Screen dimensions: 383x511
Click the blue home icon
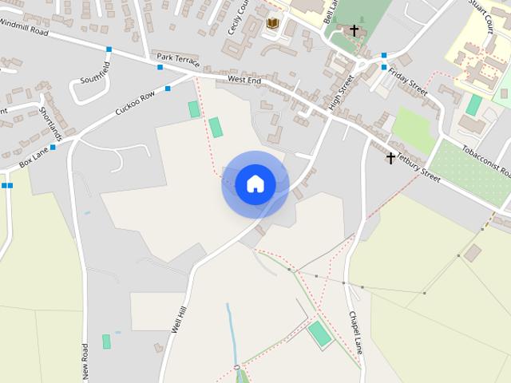[x=255, y=184]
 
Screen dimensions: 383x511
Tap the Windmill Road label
[x=24, y=28]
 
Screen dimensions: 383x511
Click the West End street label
[x=244, y=80]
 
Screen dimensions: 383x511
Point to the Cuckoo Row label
[x=135, y=104]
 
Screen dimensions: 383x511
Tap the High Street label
[x=340, y=93]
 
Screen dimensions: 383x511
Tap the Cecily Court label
[x=235, y=16]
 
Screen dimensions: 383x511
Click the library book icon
[x=272, y=24]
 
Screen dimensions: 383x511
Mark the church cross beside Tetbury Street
[x=390, y=158]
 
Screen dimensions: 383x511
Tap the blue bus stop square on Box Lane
[x=53, y=147]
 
